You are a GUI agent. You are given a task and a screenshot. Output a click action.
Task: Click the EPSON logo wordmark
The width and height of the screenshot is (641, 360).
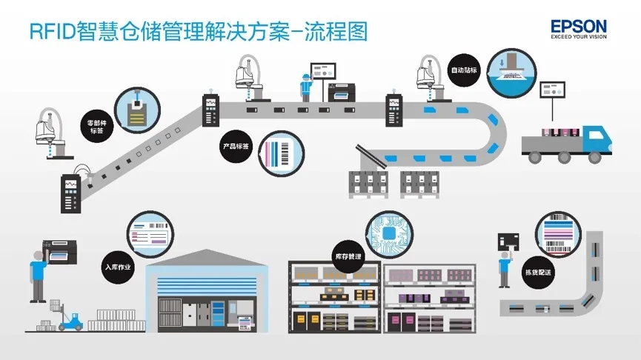pyautogui.click(x=579, y=27)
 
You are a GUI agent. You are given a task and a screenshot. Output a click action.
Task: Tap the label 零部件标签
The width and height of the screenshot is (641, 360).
pyautogui.click(x=96, y=126)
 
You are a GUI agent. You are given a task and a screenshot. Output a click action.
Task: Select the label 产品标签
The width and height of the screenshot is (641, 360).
pyautogui.click(x=236, y=146)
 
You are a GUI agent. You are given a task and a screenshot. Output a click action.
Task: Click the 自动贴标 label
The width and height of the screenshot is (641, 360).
pyautogui.click(x=464, y=71)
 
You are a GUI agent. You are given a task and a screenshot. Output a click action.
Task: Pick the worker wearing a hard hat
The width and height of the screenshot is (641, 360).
pyautogui.click(x=305, y=87)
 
